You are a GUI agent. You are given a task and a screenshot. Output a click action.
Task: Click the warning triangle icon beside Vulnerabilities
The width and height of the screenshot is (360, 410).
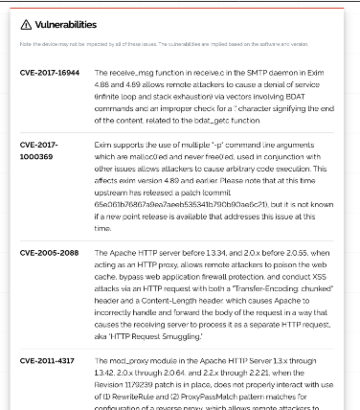(26, 25)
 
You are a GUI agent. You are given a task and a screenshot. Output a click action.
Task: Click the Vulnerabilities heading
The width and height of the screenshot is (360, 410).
(65, 25)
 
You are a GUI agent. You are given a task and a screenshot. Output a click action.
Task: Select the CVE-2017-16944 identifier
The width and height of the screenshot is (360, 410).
(50, 72)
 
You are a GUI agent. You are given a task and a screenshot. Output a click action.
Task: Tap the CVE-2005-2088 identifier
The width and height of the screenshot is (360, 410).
(50, 252)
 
